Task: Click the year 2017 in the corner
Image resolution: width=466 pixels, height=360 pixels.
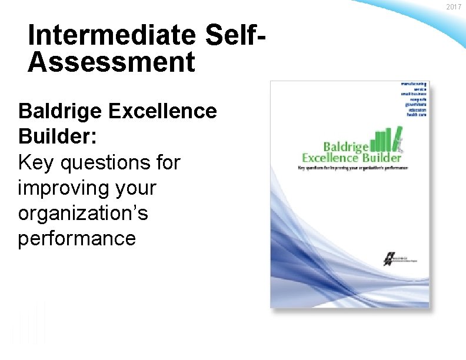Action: click(454, 7)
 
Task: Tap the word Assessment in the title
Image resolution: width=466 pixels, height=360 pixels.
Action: click(111, 62)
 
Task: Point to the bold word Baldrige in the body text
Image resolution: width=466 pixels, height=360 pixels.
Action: click(60, 111)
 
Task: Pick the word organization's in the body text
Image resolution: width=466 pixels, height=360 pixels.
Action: click(83, 214)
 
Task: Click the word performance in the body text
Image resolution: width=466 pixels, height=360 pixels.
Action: click(77, 239)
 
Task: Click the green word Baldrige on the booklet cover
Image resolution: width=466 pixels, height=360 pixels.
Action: click(346, 146)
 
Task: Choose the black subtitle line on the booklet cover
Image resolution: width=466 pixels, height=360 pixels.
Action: click(352, 168)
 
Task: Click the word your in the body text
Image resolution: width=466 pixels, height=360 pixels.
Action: click(135, 188)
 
